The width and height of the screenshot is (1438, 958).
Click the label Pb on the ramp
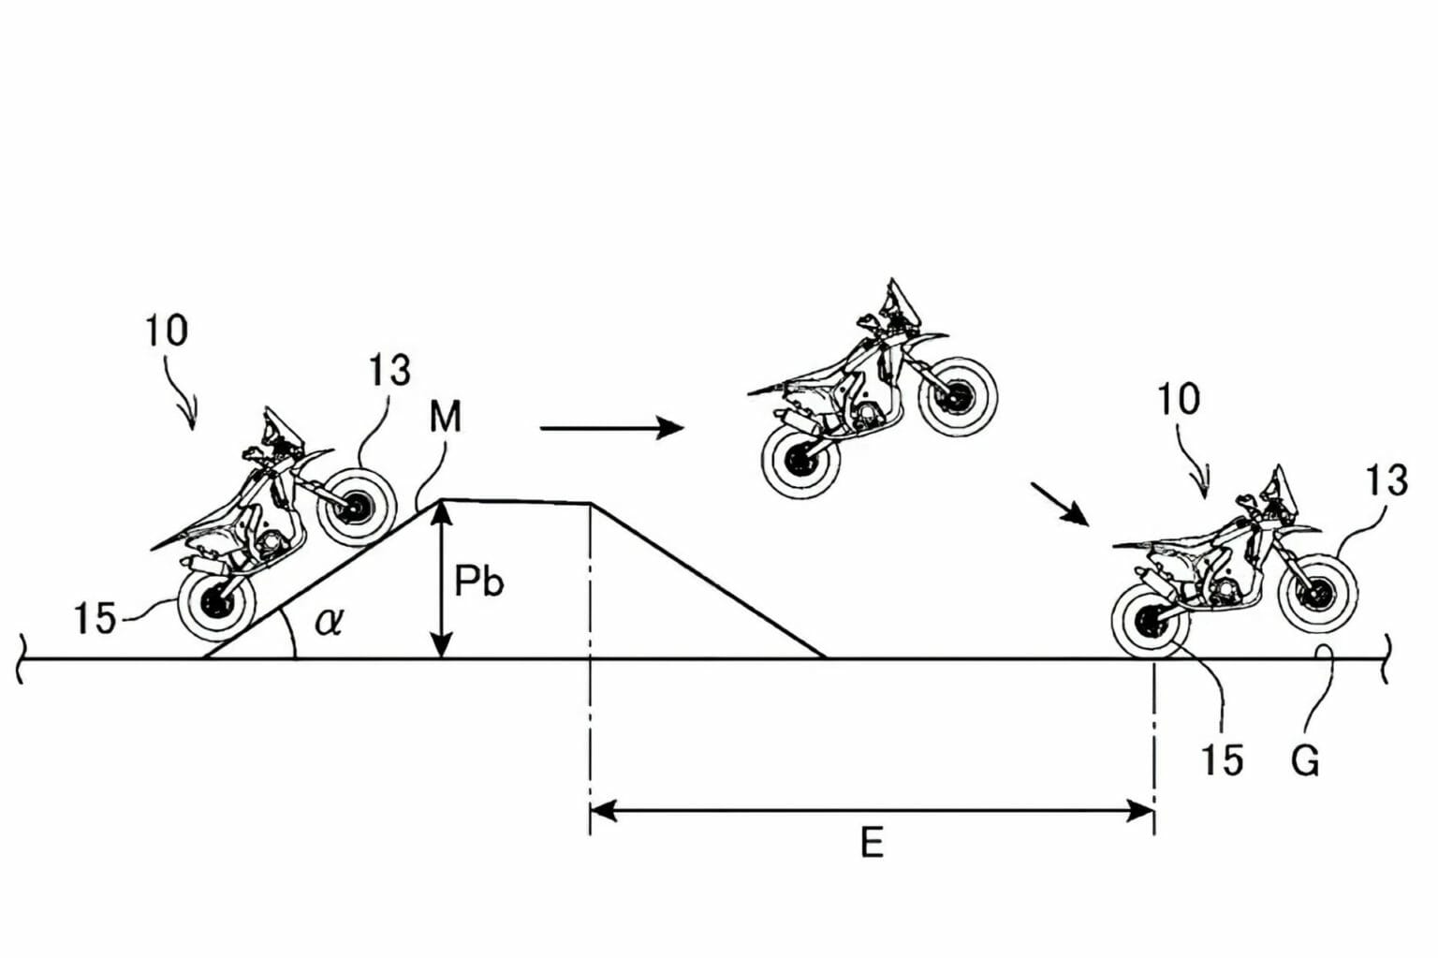pos(478,582)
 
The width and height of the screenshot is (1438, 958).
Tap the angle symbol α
pos(328,620)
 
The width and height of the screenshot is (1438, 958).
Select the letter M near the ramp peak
pos(445,417)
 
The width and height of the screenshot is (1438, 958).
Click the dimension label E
pos(871,844)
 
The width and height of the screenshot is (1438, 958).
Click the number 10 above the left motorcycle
pos(166,331)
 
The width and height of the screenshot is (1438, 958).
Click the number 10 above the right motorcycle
pos(1178,400)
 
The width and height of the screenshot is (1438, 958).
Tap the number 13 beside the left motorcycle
pos(389,371)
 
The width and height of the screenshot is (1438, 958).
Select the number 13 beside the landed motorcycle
pos(1386,481)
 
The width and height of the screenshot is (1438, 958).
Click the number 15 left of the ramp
pos(95,619)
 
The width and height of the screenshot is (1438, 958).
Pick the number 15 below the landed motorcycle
pos(1222,760)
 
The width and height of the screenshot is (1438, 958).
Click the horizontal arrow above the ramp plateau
pos(612,428)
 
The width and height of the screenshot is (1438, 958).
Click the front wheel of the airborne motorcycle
pos(955,397)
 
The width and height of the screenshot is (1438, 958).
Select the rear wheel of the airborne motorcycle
pos(800,459)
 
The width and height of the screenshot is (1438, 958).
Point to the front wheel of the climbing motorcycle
pos(357,507)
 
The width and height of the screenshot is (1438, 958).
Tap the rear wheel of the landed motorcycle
pos(1151,622)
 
